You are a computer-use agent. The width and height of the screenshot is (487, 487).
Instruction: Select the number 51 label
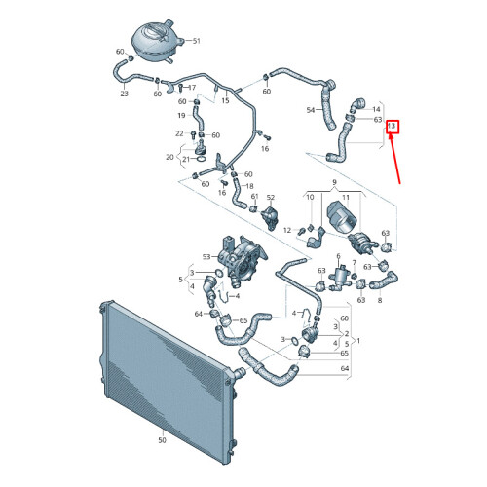(x=196, y=41)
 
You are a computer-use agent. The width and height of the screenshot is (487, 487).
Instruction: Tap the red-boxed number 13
(x=393, y=127)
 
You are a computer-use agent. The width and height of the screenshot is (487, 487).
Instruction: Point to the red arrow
(x=395, y=159)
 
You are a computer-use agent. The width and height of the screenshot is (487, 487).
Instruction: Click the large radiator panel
(x=169, y=377)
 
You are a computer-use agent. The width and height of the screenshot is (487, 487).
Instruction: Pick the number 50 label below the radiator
(x=162, y=440)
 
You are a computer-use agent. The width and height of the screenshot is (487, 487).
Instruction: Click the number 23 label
(x=125, y=94)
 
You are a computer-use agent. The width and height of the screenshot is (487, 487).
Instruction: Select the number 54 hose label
(x=311, y=110)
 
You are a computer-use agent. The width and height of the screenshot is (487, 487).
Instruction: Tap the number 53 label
(x=206, y=257)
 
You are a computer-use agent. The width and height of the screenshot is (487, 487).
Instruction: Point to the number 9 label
(x=334, y=182)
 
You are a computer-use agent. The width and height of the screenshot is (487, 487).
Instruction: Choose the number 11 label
(x=346, y=197)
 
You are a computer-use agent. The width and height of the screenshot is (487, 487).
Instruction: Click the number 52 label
(x=271, y=197)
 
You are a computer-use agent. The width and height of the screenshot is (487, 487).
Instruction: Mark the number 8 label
(x=380, y=300)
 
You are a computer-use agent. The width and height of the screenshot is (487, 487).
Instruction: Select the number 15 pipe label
(x=225, y=100)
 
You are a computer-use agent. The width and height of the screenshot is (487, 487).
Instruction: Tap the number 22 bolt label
(x=179, y=133)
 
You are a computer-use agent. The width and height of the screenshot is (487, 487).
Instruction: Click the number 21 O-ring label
(x=186, y=159)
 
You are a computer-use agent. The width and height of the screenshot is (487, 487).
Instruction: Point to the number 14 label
(x=376, y=109)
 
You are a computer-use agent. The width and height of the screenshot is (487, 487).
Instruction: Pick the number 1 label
(x=358, y=341)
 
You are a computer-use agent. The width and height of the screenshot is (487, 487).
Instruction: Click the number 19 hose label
(x=181, y=115)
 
